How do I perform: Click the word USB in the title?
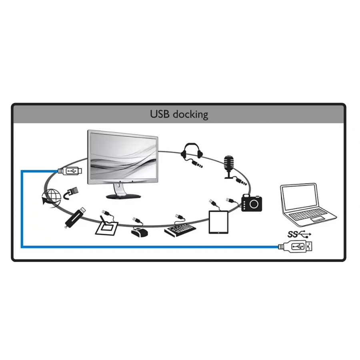(x=160, y=114)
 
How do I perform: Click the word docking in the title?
(x=191, y=115)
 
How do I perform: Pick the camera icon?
(x=252, y=203)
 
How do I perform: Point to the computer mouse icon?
(x=139, y=232)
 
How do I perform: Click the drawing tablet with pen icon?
(x=107, y=229)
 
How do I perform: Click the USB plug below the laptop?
(x=298, y=247)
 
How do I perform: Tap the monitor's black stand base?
(x=123, y=196)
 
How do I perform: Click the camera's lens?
(x=254, y=204)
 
